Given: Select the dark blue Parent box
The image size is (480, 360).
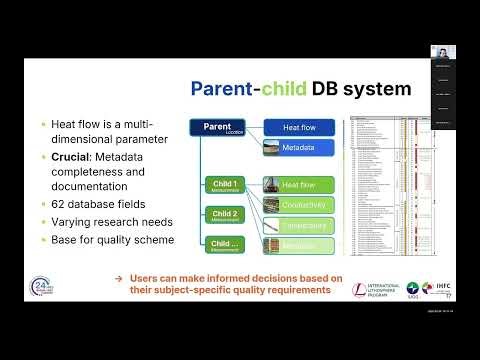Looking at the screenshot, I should tap(217, 128).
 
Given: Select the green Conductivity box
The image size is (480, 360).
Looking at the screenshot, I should tap(309, 205).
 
